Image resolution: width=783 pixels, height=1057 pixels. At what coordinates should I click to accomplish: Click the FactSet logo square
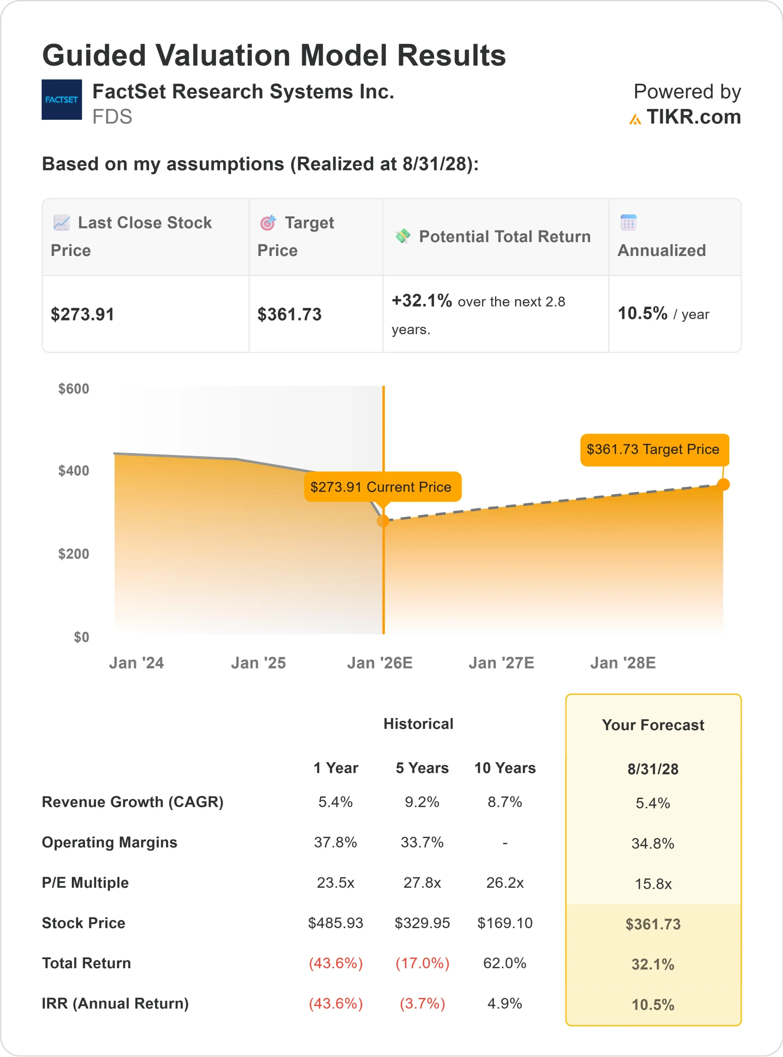pyautogui.click(x=62, y=100)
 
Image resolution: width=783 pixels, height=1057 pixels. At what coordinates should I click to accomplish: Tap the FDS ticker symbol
pyautogui.click(x=112, y=116)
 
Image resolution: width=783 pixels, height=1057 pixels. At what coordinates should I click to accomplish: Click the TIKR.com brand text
pyautogui.click(x=693, y=117)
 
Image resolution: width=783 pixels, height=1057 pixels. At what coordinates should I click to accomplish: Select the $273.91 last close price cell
pyautogui.click(x=83, y=315)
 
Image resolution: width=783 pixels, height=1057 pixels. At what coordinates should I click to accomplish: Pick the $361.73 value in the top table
pyautogui.click(x=289, y=315)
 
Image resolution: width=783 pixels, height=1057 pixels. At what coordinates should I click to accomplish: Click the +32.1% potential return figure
pyautogui.click(x=421, y=301)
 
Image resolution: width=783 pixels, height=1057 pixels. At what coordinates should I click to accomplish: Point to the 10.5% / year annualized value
pyautogui.click(x=663, y=313)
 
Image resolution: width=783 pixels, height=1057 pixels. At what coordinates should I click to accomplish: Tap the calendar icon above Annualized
pyautogui.click(x=628, y=222)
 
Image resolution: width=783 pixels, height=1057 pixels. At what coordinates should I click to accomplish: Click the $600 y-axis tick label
pyautogui.click(x=74, y=389)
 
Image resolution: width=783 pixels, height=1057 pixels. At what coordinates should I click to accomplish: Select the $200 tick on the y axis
pyautogui.click(x=74, y=554)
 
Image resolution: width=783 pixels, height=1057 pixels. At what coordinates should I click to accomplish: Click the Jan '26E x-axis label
pyautogui.click(x=380, y=663)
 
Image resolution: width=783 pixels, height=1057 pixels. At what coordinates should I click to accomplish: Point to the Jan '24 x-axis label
pyautogui.click(x=136, y=663)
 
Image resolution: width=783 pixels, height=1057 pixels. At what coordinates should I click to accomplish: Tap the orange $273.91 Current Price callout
pyautogui.click(x=382, y=486)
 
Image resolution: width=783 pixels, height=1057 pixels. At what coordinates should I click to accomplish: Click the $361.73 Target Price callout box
pyautogui.click(x=654, y=449)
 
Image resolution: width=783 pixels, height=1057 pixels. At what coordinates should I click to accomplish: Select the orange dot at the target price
pyautogui.click(x=723, y=484)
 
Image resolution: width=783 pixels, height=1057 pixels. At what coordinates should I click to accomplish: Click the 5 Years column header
pyautogui.click(x=422, y=768)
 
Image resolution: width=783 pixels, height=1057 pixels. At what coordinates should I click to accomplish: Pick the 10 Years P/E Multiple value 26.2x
pyautogui.click(x=505, y=883)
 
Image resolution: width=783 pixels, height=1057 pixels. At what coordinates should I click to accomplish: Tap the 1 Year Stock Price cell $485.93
pyautogui.click(x=335, y=923)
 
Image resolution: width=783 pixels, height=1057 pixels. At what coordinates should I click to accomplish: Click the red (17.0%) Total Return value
pyautogui.click(x=422, y=963)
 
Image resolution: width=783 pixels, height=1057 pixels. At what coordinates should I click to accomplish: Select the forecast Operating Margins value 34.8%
pyautogui.click(x=653, y=844)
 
